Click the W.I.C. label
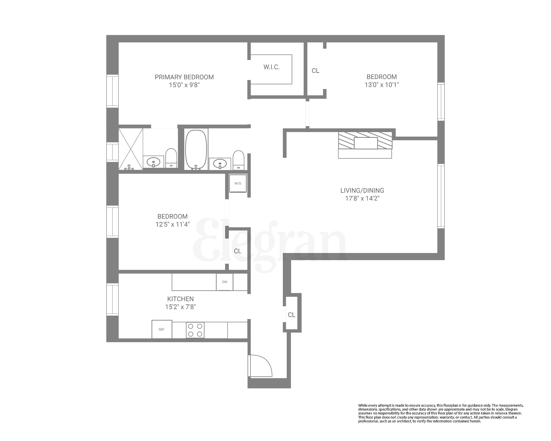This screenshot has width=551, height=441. click(x=271, y=67)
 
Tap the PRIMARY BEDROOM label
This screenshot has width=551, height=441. click(x=184, y=77)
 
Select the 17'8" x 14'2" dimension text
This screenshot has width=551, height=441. click(x=362, y=198)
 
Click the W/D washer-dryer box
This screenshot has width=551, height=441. click(x=238, y=183)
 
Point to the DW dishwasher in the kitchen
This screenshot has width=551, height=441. click(x=224, y=282)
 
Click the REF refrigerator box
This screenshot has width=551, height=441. click(x=161, y=329)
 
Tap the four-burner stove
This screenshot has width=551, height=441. click(x=195, y=330)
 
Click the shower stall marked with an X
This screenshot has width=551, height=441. click(x=131, y=149)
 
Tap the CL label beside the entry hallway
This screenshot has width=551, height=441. click(x=292, y=315)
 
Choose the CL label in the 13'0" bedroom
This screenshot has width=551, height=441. click(x=315, y=71)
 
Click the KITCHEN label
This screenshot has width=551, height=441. click(x=180, y=299)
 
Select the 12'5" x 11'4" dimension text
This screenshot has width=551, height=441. click(x=172, y=224)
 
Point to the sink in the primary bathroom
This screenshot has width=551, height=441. click(x=153, y=162)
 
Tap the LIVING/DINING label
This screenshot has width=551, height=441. click(x=362, y=190)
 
